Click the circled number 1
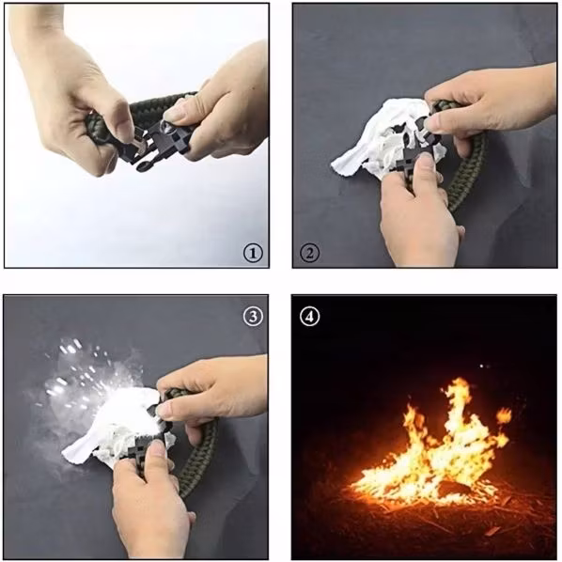(253, 253)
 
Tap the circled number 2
(309, 253)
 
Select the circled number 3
(253, 317)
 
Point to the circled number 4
(309, 317)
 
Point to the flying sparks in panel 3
(79, 373)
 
